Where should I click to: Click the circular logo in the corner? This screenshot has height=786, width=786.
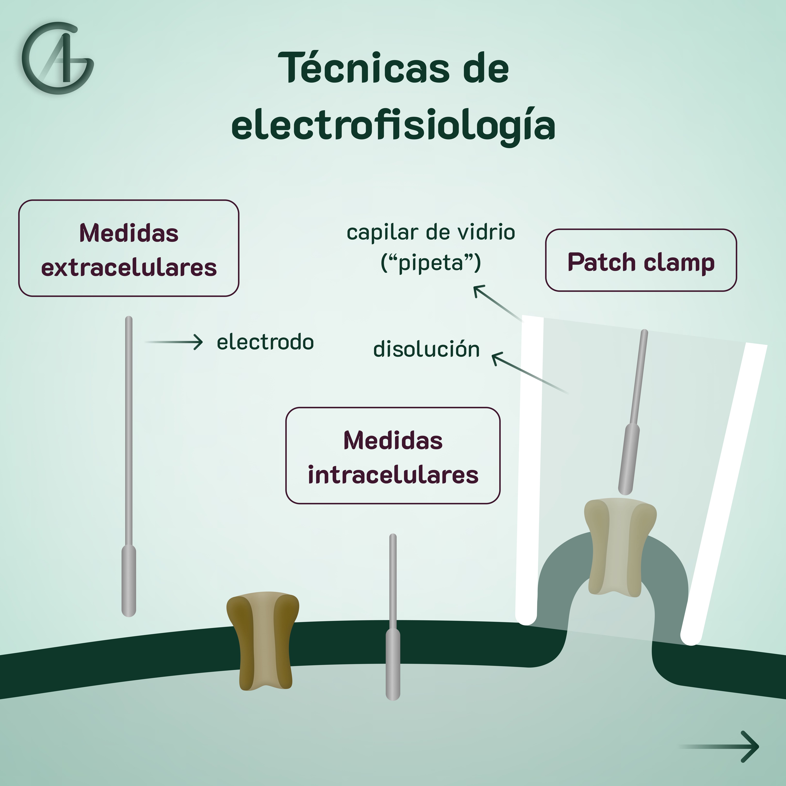58,58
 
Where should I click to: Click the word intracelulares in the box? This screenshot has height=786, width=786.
393,475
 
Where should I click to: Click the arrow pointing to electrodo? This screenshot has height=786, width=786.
174,342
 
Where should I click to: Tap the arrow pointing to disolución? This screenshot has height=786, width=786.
529,372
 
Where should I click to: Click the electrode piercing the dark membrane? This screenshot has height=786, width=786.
393,635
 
